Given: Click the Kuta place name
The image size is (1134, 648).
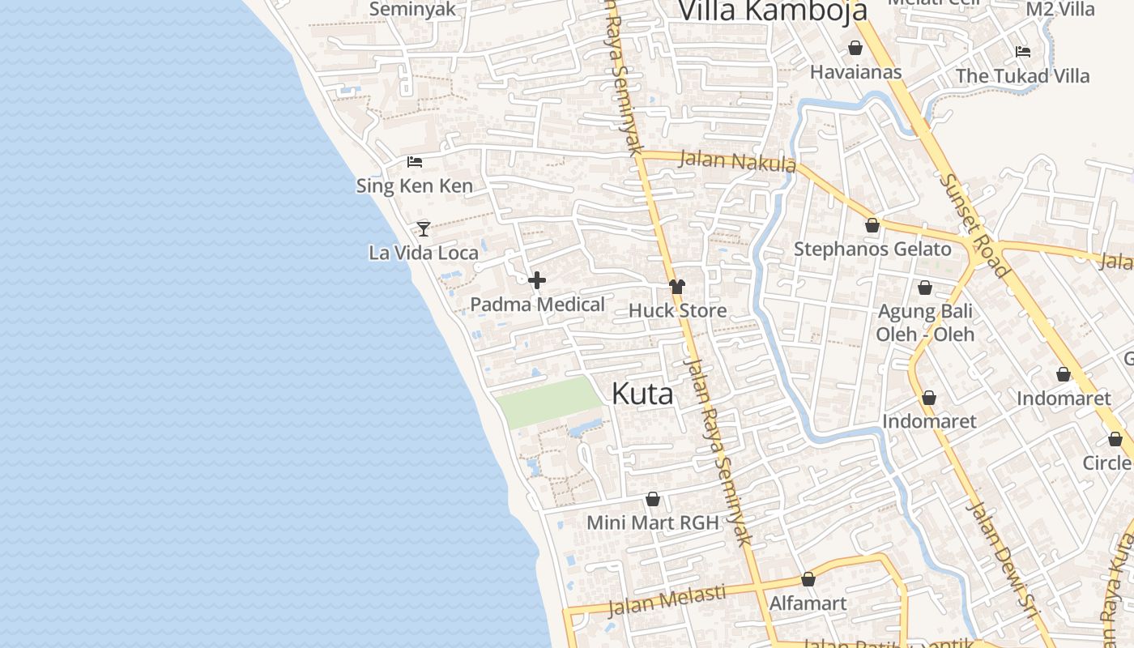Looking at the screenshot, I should point(642,394).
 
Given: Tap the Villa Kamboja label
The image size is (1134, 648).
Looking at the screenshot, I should point(773,11).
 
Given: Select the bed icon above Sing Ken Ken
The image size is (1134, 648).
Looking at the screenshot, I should point(415,162).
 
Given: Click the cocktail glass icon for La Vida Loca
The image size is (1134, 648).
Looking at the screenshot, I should point(423,228).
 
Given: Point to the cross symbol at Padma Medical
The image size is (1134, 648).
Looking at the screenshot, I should point(536,281).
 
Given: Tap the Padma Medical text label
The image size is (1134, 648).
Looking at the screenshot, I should point(538,305).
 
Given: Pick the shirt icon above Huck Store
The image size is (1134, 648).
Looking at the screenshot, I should point(677,287).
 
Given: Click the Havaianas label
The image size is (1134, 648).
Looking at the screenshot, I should point(856,72).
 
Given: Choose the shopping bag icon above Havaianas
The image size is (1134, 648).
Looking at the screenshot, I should point(855,49).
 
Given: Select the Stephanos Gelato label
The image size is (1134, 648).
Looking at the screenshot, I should point(872,249).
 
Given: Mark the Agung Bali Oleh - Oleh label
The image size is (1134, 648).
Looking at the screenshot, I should point(925,322).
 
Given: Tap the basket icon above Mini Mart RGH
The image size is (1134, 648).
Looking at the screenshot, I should point(653,499).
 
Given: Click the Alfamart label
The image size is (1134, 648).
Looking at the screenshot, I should point(808,603).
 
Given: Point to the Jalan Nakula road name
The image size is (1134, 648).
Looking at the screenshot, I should point(736,161).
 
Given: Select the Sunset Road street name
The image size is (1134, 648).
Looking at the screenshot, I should point(974,224).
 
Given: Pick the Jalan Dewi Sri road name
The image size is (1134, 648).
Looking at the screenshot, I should point(1003,559).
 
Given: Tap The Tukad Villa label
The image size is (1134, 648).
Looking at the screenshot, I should point(1022,76).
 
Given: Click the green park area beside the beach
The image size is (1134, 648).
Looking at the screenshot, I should point(548,401).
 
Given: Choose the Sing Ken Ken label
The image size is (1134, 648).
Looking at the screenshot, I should point(415,186).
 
